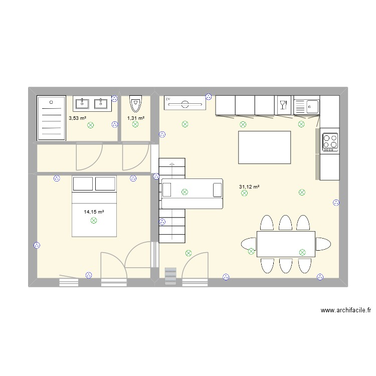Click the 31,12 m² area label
pos(249,187)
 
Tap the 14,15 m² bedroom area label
pos(94,212)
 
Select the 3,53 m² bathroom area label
pos(77,118)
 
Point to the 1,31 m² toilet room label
pos(135,118)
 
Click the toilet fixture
pos(135,104)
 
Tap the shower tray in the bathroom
pos(52,118)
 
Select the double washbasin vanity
pos(91,104)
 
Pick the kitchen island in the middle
pos(264,147)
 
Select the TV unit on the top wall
pos(185,103)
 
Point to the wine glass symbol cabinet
pos(283,105)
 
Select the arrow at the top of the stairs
pos(172,164)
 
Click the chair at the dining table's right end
pos(323,244)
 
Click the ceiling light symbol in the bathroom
pos(91,125)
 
